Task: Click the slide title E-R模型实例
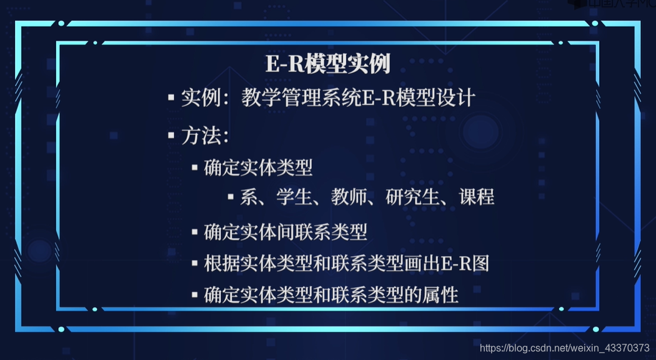coord(327,64)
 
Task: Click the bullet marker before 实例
coord(171,98)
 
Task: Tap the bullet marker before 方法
coord(171,136)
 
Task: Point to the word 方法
coord(200,136)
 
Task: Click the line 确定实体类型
coord(258,167)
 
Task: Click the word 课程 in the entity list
coord(477,197)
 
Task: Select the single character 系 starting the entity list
coord(248,197)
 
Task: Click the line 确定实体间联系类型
coord(286,232)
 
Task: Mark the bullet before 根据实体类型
coord(195,263)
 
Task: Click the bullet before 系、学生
coord(231,197)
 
